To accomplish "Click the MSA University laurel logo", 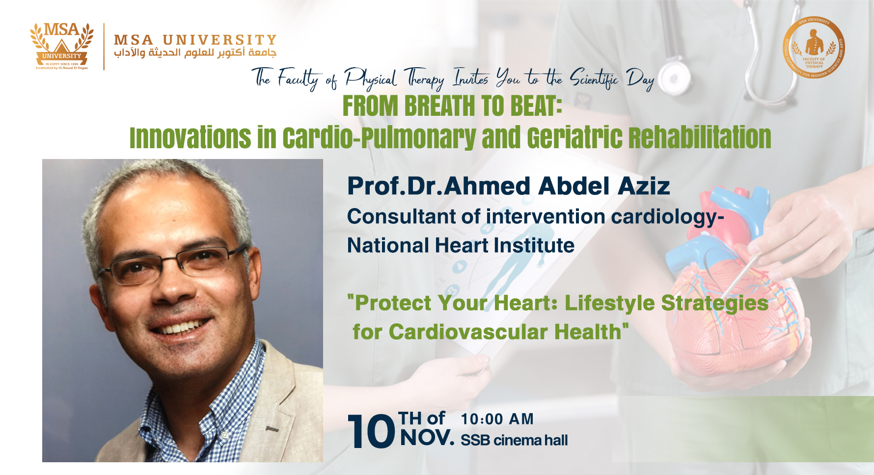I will pyautogui.click(x=61, y=46).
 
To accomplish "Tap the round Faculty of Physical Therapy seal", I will pyautogui.click(x=814, y=48).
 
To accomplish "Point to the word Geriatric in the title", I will pyautogui.click(x=574, y=137).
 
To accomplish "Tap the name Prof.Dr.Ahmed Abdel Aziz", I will pyautogui.click(x=508, y=186).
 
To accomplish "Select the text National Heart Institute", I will pyautogui.click(x=461, y=245).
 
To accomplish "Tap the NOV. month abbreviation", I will pyautogui.click(x=427, y=438).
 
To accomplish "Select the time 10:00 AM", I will pyautogui.click(x=497, y=419).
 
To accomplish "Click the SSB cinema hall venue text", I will pyautogui.click(x=514, y=440).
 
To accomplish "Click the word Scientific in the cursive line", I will pyautogui.click(x=594, y=79).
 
